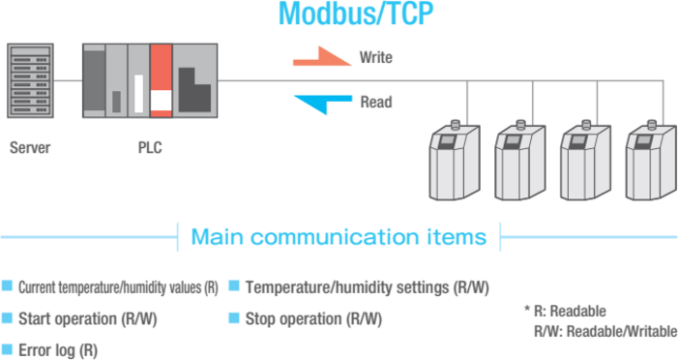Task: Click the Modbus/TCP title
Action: [x=355, y=14]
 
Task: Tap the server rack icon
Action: [x=30, y=80]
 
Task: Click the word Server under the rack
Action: [x=30, y=147]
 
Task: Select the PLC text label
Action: [x=150, y=147]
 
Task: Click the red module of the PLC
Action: [x=161, y=80]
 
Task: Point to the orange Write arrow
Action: [x=322, y=57]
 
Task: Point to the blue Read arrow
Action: [x=323, y=105]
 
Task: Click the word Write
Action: [x=376, y=57]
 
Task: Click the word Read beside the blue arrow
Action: [x=376, y=103]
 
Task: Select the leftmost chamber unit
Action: [x=454, y=160]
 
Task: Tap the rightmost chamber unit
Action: [x=651, y=160]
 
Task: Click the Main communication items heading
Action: [x=339, y=237]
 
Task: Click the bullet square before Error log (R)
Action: [x=7, y=349]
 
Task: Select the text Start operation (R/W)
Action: [x=87, y=319]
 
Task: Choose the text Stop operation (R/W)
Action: [x=313, y=319]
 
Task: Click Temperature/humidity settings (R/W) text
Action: [x=368, y=287]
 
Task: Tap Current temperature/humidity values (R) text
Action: [x=118, y=287]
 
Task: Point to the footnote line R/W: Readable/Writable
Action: [x=605, y=331]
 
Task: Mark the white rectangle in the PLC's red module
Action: [x=161, y=101]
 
